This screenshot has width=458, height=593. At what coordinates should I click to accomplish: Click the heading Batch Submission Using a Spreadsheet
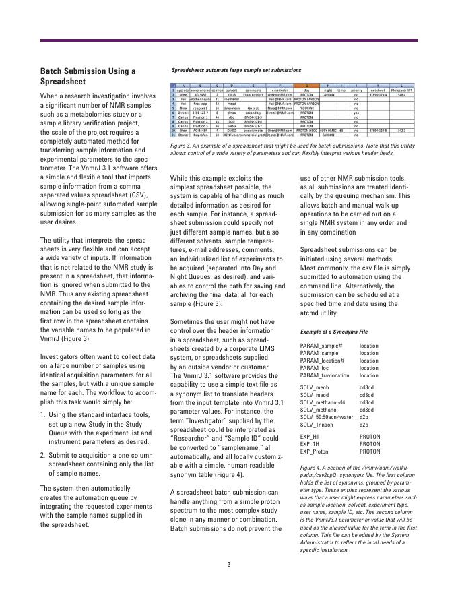click(88, 76)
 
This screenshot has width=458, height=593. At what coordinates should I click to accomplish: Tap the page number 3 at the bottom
click(228, 565)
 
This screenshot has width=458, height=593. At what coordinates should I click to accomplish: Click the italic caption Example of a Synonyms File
click(333, 332)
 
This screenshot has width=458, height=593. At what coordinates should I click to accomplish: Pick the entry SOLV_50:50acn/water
click(327, 419)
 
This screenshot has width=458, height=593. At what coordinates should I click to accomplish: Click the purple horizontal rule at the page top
click(229, 41)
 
